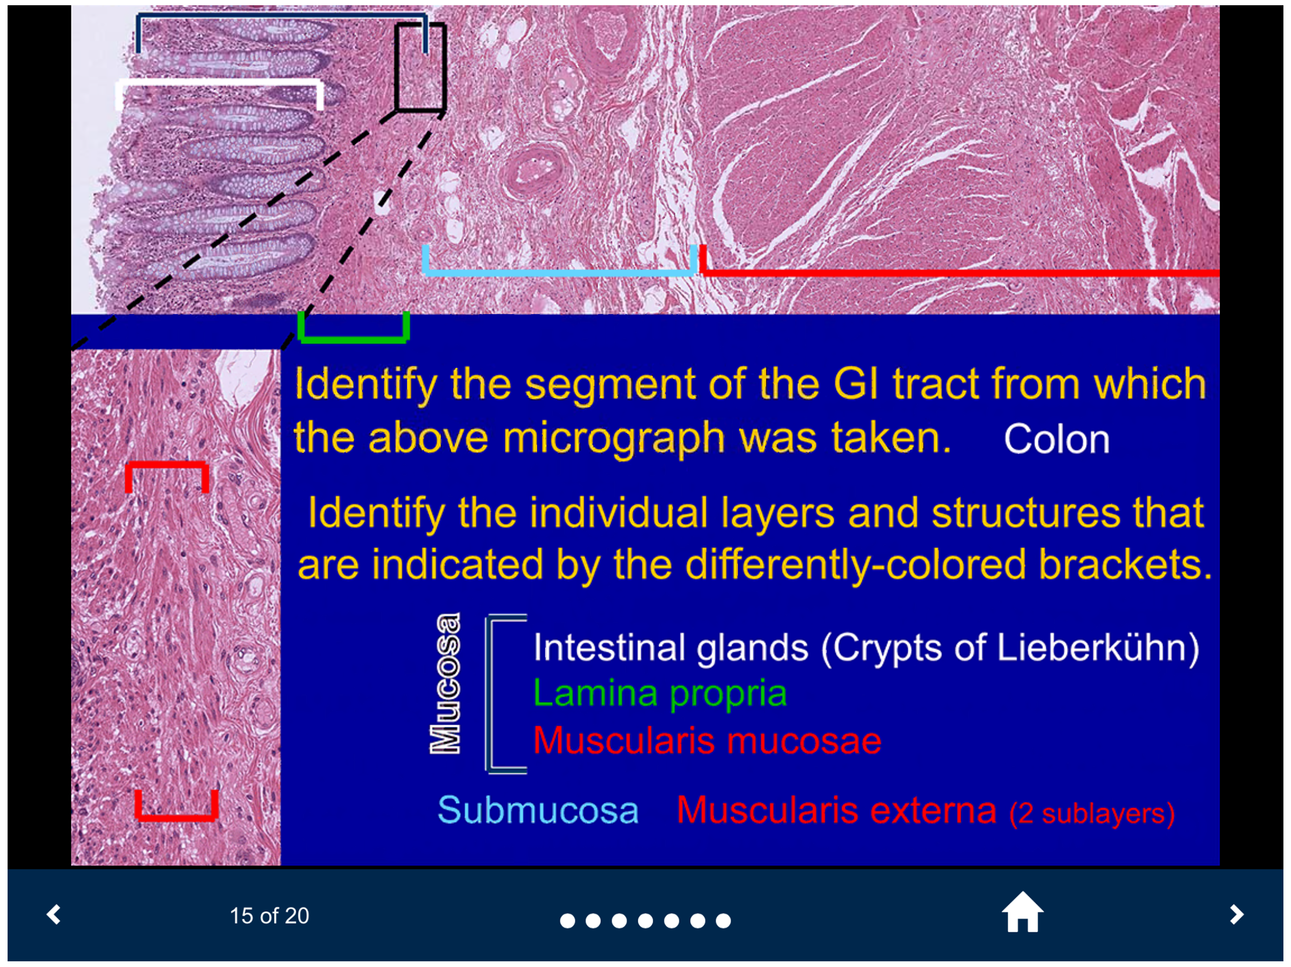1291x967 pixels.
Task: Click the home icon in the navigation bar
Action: [1022, 913]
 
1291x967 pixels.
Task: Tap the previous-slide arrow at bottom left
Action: [54, 914]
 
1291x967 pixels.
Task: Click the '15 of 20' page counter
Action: [269, 916]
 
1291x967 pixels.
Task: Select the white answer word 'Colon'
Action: [1056, 439]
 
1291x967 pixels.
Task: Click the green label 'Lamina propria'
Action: [660, 693]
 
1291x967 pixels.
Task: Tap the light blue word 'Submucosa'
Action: [538, 810]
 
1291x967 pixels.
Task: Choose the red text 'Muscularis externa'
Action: [836, 810]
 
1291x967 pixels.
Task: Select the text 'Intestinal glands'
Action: [671, 647]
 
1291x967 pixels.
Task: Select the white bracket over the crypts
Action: [219, 83]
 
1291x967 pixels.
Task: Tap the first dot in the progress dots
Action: [567, 920]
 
